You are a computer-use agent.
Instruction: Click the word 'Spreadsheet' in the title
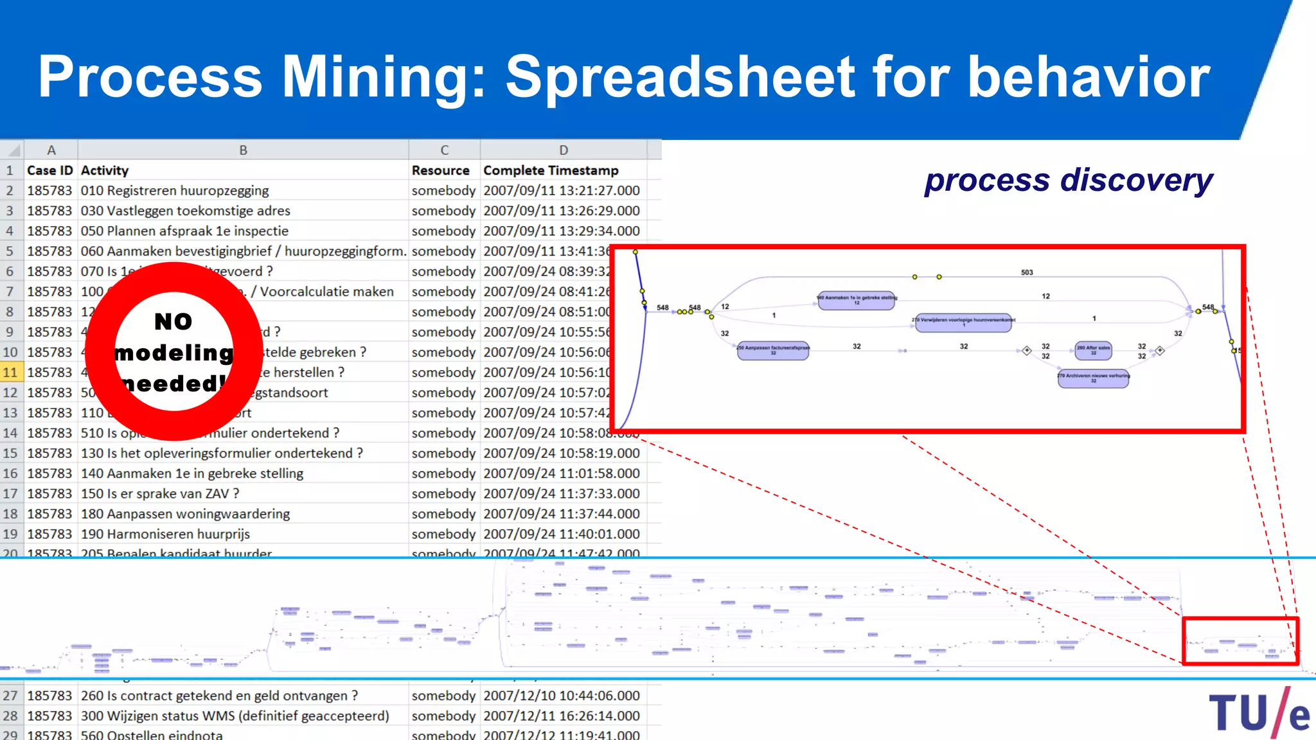pyautogui.click(x=680, y=77)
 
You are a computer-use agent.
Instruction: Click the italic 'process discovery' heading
pyautogui.click(x=1068, y=181)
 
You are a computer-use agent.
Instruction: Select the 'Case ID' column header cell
pyautogui.click(x=50, y=170)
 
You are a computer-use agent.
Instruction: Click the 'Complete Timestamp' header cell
pyautogui.click(x=551, y=170)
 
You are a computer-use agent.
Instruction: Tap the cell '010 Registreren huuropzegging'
pyautogui.click(x=175, y=191)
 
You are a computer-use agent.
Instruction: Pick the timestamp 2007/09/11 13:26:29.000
pyautogui.click(x=562, y=211)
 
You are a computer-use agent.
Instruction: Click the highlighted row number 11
pyautogui.click(x=10, y=372)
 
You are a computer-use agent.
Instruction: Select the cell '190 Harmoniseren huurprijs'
pyautogui.click(x=165, y=534)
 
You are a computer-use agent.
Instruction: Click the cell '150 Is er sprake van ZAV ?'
pyautogui.click(x=160, y=493)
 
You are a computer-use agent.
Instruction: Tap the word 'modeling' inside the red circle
pyautogui.click(x=174, y=353)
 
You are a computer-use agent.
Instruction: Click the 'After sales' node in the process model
pyautogui.click(x=1093, y=350)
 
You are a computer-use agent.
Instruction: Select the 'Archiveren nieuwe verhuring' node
pyautogui.click(x=1093, y=378)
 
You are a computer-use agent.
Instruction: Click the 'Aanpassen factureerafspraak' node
pyautogui.click(x=773, y=350)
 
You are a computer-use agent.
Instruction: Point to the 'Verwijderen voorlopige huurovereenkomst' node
pyautogui.click(x=963, y=322)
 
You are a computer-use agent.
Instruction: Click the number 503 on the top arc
pyautogui.click(x=1027, y=272)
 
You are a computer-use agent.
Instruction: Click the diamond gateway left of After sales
pyautogui.click(x=1027, y=351)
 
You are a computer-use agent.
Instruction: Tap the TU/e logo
pyautogui.click(x=1258, y=713)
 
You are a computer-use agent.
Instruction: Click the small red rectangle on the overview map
pyautogui.click(x=1240, y=640)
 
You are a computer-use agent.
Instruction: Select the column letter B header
pyautogui.click(x=243, y=150)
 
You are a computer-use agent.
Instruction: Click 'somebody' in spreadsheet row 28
pyautogui.click(x=443, y=716)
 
